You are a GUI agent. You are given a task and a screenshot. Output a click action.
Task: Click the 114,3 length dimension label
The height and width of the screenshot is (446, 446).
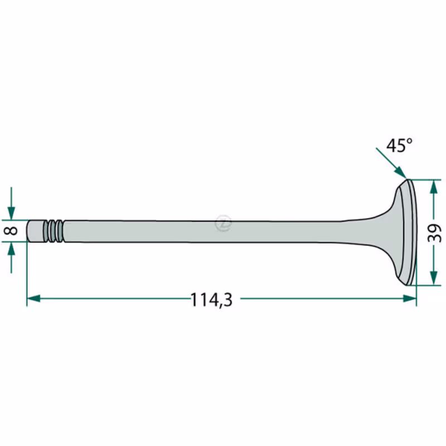click(x=211, y=300)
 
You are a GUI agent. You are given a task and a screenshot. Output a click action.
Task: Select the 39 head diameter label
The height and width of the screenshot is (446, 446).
click(x=435, y=233)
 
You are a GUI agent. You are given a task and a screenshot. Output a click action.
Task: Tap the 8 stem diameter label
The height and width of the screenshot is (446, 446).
click(x=11, y=230)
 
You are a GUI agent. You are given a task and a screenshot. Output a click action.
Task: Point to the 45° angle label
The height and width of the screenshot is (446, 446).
click(x=399, y=146)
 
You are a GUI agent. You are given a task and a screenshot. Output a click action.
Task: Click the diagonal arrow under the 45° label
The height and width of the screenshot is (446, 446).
click(x=391, y=163)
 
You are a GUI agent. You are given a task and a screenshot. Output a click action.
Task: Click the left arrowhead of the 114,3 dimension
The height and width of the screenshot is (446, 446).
click(x=33, y=298)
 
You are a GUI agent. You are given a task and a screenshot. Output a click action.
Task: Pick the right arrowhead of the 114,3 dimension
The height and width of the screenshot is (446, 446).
click(x=410, y=298)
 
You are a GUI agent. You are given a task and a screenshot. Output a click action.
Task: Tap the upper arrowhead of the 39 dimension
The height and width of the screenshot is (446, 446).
click(x=434, y=187)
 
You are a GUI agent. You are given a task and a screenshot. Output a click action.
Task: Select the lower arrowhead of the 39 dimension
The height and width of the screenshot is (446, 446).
click(x=434, y=278)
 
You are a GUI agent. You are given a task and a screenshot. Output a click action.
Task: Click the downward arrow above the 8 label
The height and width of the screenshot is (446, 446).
click(x=11, y=203)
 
